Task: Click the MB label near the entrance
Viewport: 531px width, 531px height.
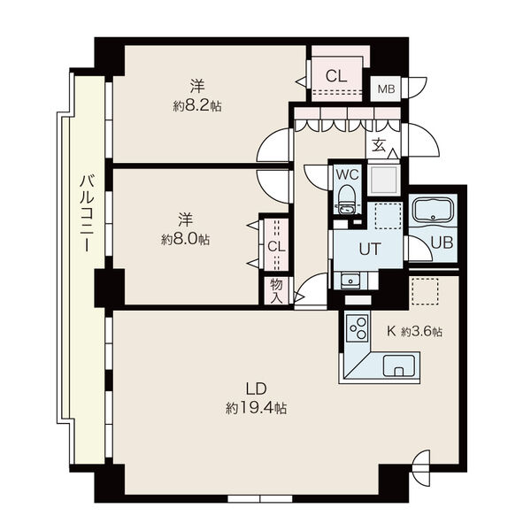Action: coord(386,88)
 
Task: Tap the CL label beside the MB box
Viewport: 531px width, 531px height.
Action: coord(335,76)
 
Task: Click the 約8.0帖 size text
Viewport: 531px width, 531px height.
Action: coord(185,239)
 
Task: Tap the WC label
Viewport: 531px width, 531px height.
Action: coord(345,173)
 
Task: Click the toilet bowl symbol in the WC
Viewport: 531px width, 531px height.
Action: coord(345,201)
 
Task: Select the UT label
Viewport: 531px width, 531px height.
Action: coord(368,249)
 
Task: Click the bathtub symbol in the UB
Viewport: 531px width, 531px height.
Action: coord(432,212)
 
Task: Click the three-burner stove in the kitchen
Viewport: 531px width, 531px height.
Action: coord(358,329)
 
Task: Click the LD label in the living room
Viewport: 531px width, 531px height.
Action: coord(256,389)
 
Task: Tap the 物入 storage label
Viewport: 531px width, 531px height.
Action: coord(276,291)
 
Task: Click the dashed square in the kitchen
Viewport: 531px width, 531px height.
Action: coord(426,291)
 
